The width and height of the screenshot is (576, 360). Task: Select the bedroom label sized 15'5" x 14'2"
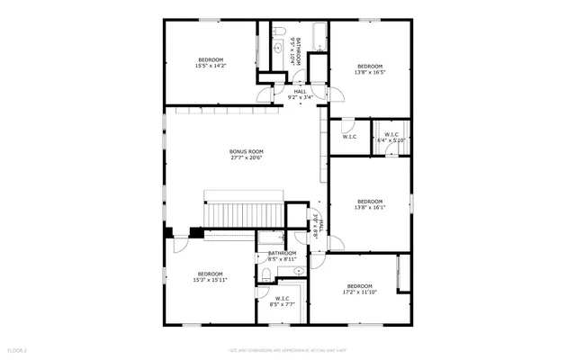(210, 62)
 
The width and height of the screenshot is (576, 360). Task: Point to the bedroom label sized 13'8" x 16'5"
(370, 66)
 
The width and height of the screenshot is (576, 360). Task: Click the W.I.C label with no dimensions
(349, 137)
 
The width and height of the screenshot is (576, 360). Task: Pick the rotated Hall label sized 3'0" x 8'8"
(316, 225)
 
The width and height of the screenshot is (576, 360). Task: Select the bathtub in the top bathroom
(315, 36)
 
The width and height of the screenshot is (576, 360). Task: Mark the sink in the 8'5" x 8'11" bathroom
(299, 269)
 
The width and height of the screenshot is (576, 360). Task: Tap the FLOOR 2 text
(17, 350)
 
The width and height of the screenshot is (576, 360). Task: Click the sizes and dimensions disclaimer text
(287, 350)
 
